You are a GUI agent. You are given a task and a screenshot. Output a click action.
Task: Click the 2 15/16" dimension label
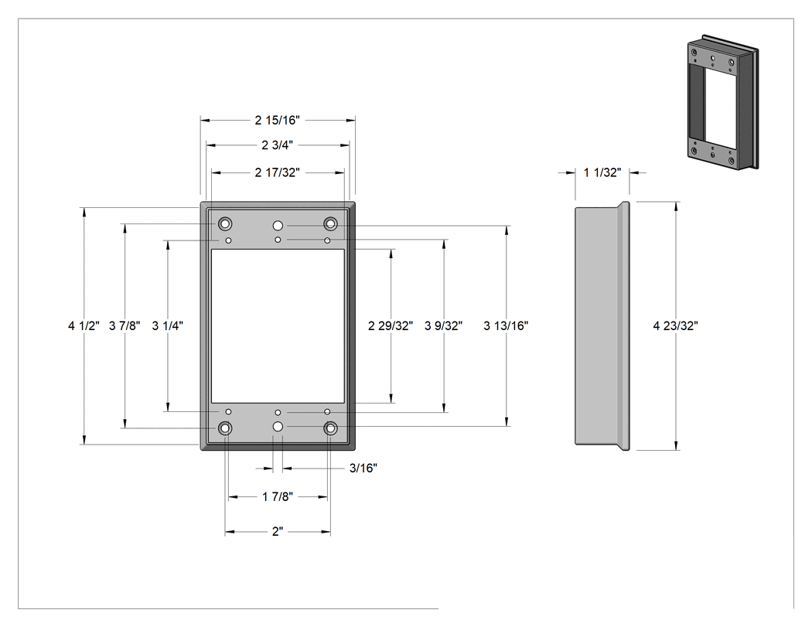[277, 120]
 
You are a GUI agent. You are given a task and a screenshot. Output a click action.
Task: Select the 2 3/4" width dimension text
[277, 145]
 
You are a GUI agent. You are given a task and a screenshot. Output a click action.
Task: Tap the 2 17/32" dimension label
[277, 172]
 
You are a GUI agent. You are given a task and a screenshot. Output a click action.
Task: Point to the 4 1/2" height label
[84, 325]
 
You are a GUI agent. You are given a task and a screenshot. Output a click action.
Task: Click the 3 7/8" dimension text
[125, 325]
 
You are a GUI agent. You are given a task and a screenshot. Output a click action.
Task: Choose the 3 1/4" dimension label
[167, 325]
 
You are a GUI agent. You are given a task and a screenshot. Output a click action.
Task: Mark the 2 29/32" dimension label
[391, 325]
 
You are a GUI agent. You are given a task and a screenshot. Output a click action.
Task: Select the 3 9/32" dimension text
[443, 325]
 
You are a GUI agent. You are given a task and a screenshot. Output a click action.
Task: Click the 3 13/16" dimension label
[506, 325]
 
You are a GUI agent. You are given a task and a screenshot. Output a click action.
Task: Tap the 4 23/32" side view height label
[675, 325]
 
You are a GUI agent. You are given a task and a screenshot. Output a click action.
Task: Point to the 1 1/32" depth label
[602, 172]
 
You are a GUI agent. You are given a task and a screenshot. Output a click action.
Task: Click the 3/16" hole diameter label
[363, 468]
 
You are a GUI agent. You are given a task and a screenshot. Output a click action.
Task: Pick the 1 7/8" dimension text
[277, 497]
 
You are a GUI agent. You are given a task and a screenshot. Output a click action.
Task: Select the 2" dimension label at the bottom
[278, 532]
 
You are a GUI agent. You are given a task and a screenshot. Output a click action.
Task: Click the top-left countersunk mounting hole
[225, 224]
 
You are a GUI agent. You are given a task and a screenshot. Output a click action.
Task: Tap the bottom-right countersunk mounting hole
[330, 428]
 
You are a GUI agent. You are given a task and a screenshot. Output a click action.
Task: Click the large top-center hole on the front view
[278, 226]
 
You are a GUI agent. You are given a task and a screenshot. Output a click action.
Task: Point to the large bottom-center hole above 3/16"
[278, 427]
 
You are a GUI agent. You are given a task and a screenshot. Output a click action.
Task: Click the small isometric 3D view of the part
[723, 102]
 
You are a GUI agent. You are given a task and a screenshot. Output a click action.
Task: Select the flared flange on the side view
[624, 325]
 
